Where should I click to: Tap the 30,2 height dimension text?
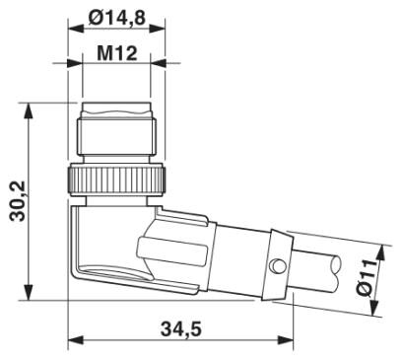pos(15,201)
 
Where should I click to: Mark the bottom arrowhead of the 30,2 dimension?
pos(34,293)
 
